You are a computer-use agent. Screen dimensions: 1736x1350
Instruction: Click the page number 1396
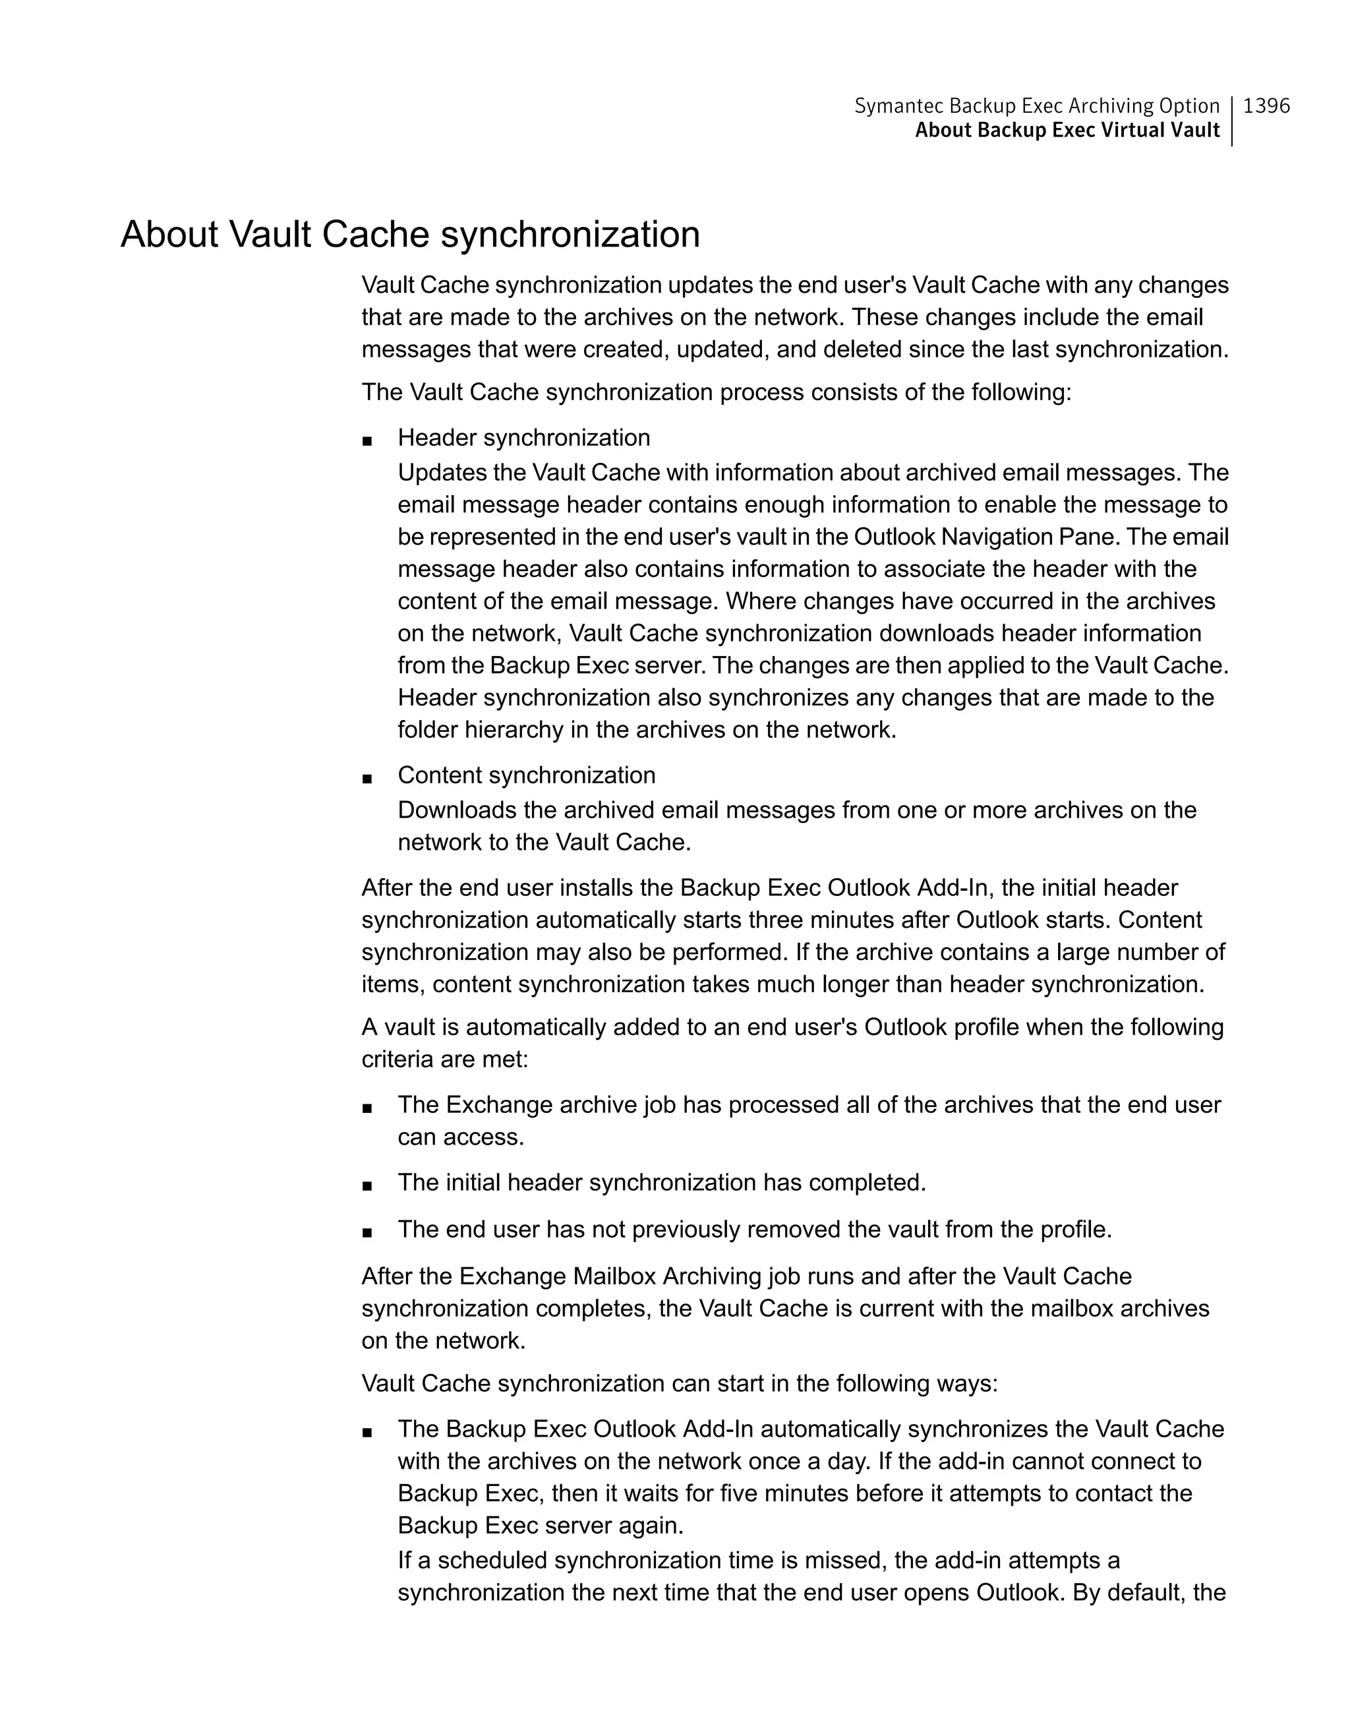pos(1266,105)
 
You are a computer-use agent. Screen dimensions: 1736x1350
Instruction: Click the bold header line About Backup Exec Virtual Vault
pos(1067,131)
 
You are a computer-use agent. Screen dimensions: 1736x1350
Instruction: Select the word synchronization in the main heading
pos(570,235)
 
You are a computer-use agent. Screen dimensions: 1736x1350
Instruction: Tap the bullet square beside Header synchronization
pos(367,440)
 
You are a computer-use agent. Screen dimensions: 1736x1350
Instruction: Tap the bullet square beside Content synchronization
pos(367,777)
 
